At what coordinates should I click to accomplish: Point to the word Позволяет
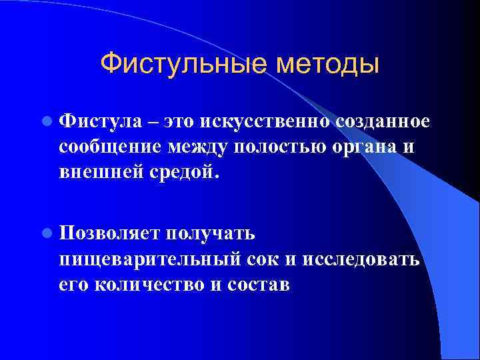click(x=107, y=233)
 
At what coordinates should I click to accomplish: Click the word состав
click(x=257, y=283)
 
